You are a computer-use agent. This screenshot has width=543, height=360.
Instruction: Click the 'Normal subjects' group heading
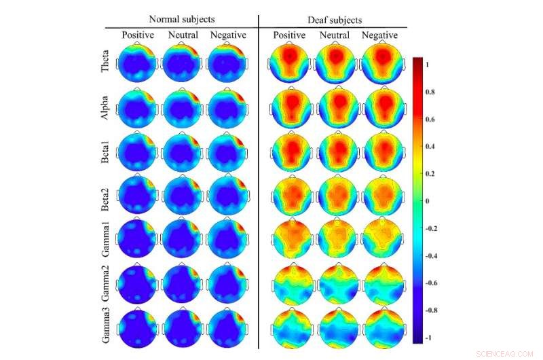coord(181,19)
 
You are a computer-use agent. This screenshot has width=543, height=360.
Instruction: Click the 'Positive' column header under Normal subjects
coord(138,35)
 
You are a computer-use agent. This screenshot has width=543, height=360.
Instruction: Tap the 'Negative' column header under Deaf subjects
coord(379,35)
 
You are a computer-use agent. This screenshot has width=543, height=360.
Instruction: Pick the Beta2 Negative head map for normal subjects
coord(227,196)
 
